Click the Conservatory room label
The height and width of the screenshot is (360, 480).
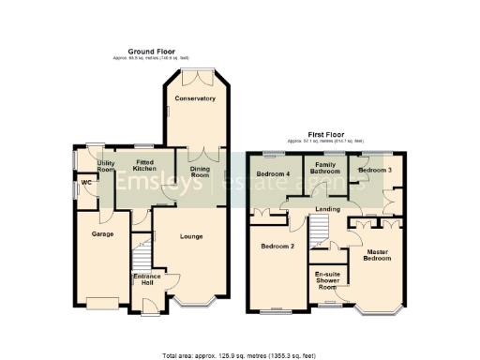195,98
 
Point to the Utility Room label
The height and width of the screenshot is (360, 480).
92,166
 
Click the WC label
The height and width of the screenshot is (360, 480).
86,182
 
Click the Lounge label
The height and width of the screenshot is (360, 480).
191,237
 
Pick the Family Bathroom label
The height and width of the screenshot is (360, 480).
325,169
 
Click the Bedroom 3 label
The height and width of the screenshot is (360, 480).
375,171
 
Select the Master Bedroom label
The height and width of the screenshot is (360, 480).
377,256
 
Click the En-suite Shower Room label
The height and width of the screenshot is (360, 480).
328,281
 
